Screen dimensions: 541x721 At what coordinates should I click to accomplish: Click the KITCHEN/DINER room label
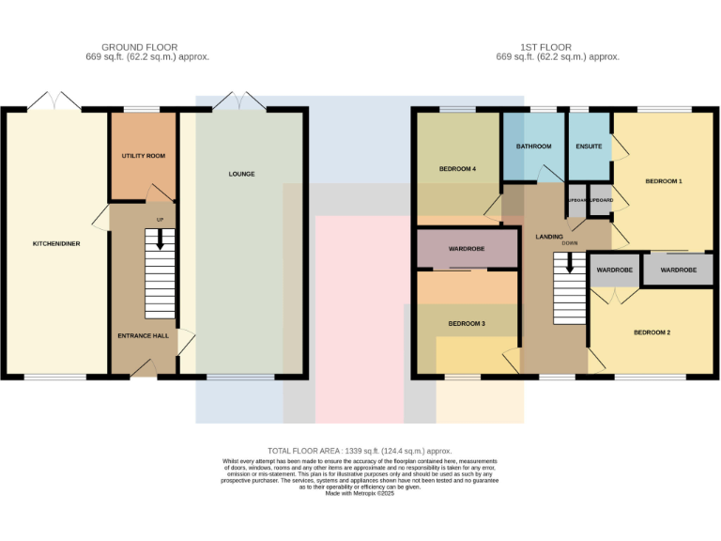(x=54, y=243)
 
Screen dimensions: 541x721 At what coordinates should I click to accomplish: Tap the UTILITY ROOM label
(x=143, y=155)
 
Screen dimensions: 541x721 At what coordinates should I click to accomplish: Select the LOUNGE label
(x=241, y=174)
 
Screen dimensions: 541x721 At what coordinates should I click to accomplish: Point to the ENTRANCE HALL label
(x=143, y=335)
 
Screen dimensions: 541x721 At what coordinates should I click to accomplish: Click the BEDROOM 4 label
(x=457, y=169)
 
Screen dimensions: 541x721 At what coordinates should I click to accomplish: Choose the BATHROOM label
(x=534, y=147)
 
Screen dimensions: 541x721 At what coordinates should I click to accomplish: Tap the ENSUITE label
(x=589, y=147)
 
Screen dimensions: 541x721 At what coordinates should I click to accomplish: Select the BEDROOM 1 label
(x=663, y=180)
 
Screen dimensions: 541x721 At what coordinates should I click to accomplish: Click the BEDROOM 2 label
(x=652, y=332)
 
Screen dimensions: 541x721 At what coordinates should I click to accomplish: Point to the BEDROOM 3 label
(x=467, y=323)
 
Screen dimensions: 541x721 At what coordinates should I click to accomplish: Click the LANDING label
(x=549, y=236)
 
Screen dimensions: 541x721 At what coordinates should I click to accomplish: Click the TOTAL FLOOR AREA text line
(x=360, y=451)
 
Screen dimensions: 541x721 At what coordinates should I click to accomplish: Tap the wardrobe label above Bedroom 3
(x=467, y=250)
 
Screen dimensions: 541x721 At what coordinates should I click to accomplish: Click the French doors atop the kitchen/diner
(x=54, y=101)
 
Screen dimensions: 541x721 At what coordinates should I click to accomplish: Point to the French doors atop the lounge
(x=241, y=101)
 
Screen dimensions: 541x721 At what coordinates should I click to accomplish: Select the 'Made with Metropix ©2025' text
(x=360, y=506)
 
